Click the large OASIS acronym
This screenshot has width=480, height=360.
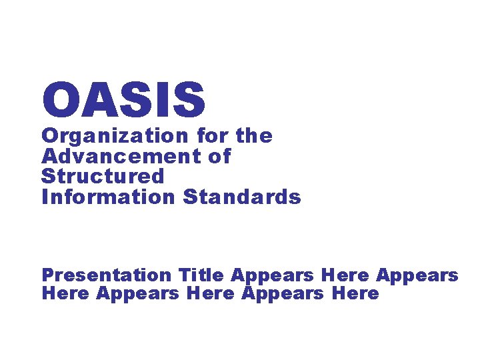[x=123, y=99]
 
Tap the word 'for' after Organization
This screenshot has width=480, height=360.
[x=211, y=136]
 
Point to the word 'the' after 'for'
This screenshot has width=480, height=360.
[x=254, y=136]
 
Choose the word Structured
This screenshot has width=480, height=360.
[x=102, y=177]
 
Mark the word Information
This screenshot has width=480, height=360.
[x=107, y=197]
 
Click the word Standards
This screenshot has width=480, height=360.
[x=242, y=197]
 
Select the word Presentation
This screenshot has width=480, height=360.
[x=106, y=275]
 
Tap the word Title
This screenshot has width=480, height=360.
[x=201, y=275]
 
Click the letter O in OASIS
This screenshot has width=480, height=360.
[x=60, y=99]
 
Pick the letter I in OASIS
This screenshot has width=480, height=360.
[x=162, y=99]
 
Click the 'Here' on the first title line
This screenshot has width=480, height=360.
[x=345, y=275]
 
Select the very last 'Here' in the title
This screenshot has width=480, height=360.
[x=355, y=293]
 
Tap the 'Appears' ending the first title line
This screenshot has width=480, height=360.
[x=417, y=275]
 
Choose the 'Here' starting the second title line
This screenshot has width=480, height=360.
[x=65, y=293]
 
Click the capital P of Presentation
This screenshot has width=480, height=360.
[x=48, y=275]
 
